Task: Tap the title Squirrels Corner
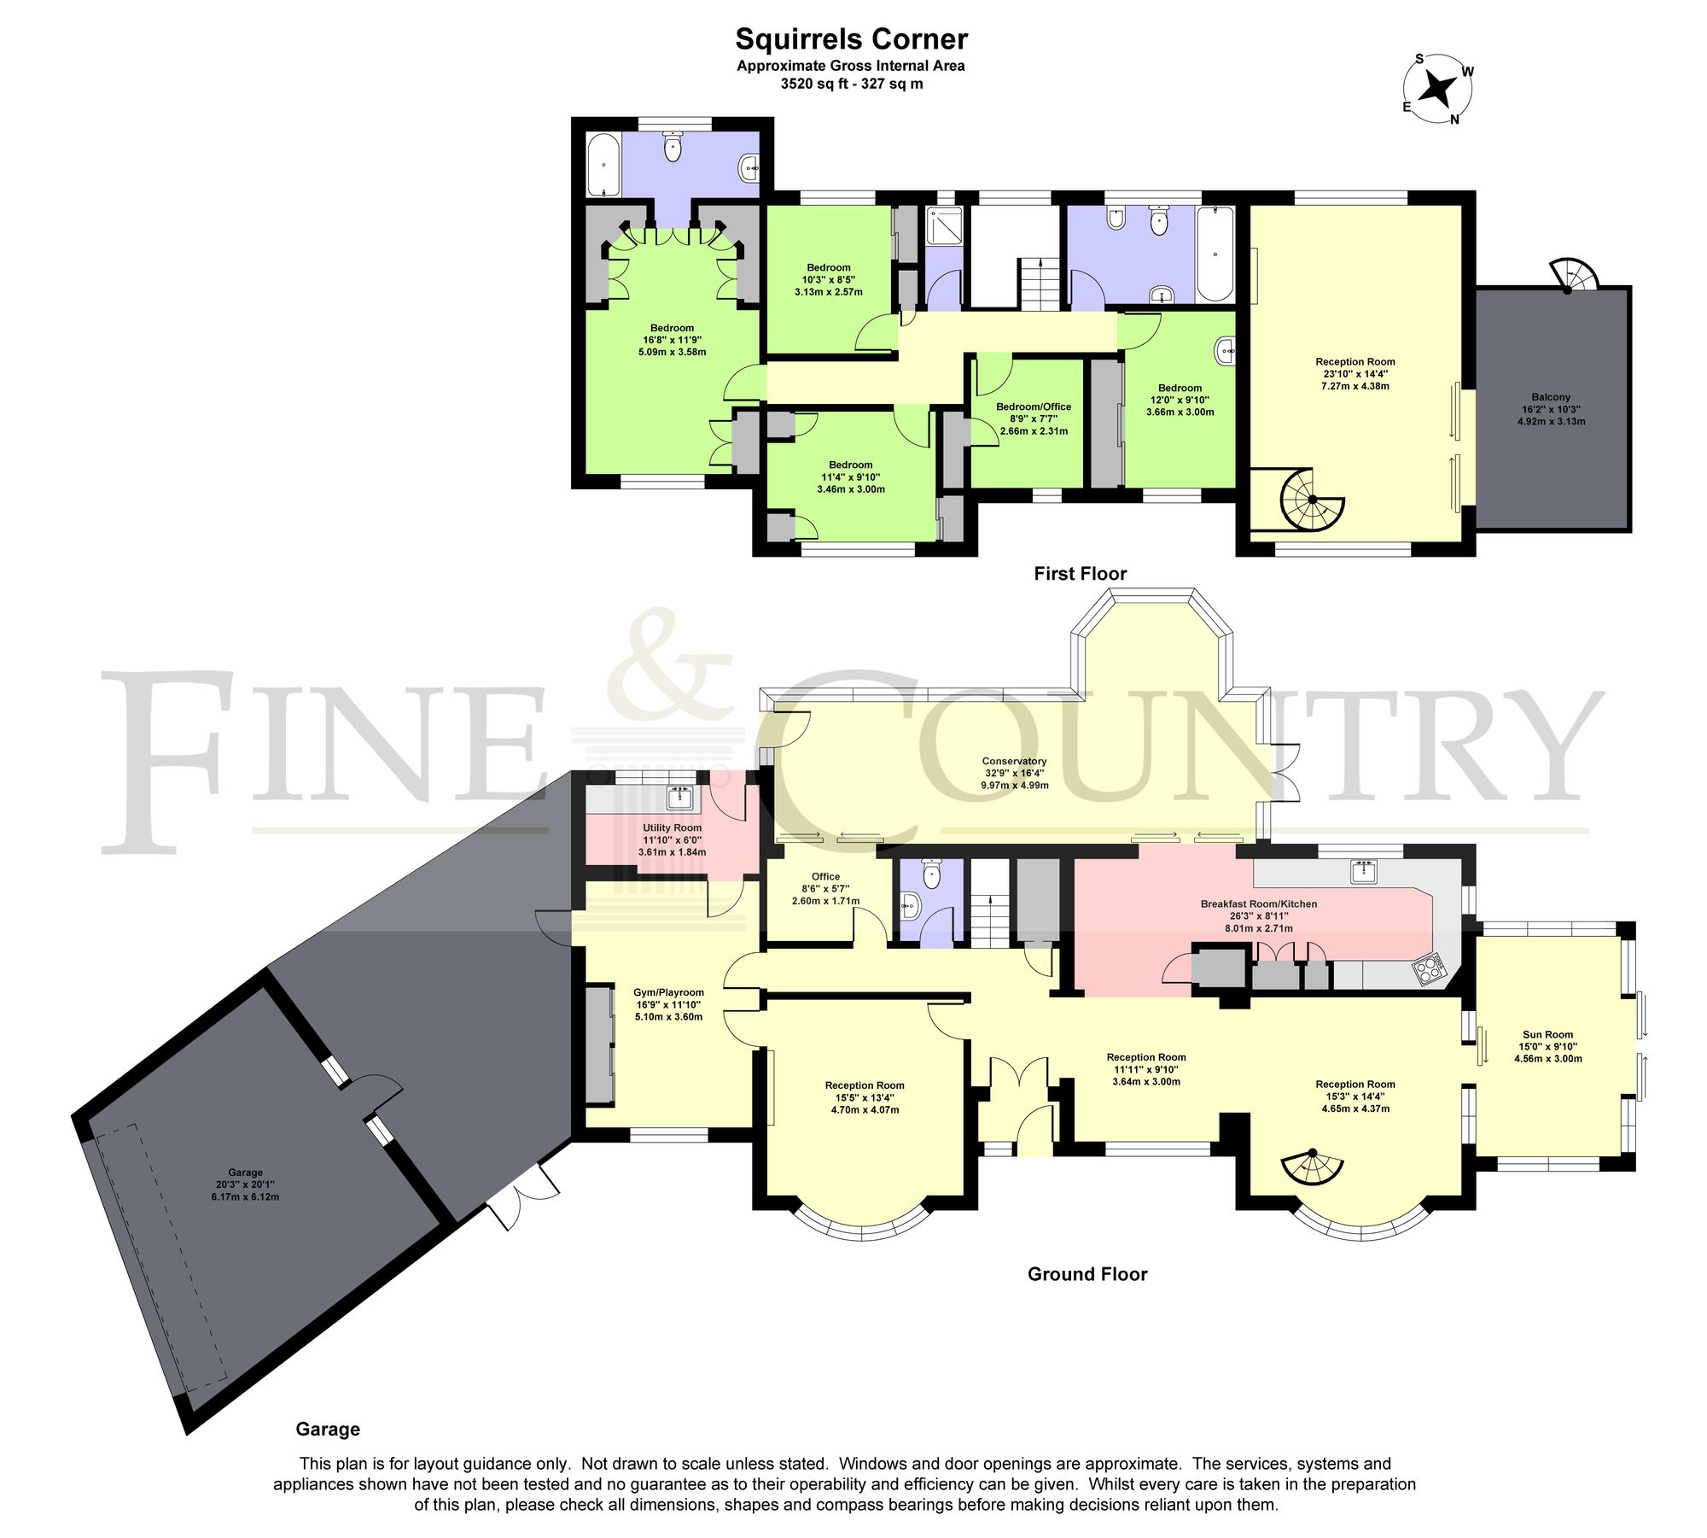pos(851,39)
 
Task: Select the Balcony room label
pos(1551,397)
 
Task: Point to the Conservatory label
pos(1014,761)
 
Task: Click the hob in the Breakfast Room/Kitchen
pos(1430,969)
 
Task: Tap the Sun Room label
pos(1547,1034)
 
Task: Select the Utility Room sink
pos(681,798)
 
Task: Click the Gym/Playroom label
pos(668,992)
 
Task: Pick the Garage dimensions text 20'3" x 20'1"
pos(245,1184)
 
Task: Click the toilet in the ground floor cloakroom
pos(931,873)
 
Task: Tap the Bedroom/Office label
pos(1033,406)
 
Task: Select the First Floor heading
pos(1080,574)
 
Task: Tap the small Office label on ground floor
pos(825,876)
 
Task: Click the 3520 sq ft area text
pos(851,84)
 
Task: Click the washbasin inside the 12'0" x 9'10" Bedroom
pos(1225,350)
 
